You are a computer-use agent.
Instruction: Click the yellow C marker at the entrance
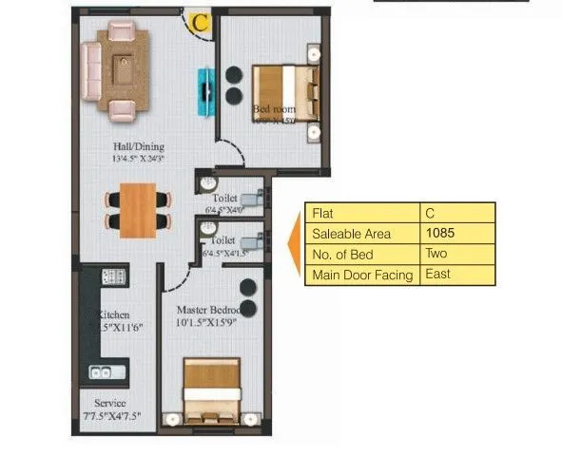(x=199, y=20)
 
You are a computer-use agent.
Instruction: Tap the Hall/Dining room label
(x=139, y=146)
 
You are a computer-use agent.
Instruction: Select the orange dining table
(x=139, y=208)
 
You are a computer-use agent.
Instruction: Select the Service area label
(x=109, y=403)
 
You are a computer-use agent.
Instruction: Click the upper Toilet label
(x=224, y=198)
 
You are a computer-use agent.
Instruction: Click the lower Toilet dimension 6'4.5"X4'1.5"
(x=225, y=255)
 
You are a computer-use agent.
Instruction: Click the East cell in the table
(x=438, y=275)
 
